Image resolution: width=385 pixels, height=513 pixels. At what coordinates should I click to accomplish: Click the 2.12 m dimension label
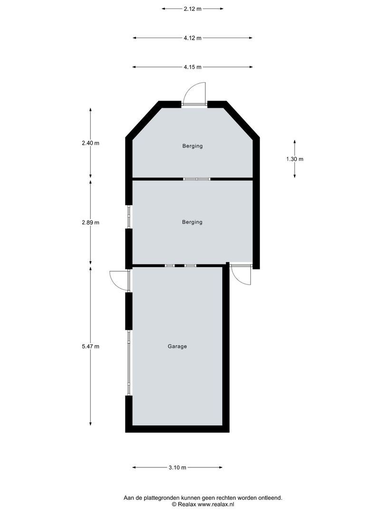pyautogui.click(x=192, y=9)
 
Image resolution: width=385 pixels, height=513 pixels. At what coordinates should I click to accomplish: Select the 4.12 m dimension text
pyautogui.click(x=192, y=38)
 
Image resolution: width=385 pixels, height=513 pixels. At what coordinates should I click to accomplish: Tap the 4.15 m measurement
pyautogui.click(x=192, y=67)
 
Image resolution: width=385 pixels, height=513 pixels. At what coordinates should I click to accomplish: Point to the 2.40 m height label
pyautogui.click(x=90, y=143)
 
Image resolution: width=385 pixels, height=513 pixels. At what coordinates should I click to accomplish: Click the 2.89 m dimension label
pyautogui.click(x=90, y=222)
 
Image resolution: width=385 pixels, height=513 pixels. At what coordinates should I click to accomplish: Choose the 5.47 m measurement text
pyautogui.click(x=90, y=346)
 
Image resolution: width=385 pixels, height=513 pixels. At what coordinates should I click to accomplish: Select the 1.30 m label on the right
pyautogui.click(x=295, y=159)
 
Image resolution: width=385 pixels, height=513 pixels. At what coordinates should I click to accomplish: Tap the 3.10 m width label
pyautogui.click(x=177, y=468)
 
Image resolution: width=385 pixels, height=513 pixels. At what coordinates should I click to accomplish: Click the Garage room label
pyautogui.click(x=177, y=346)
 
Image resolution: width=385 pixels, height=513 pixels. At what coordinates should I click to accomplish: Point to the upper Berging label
pyautogui.click(x=192, y=146)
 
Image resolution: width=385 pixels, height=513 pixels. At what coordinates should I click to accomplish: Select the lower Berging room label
pyautogui.click(x=192, y=222)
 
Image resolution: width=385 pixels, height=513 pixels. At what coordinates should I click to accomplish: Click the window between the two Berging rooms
pyautogui.click(x=197, y=179)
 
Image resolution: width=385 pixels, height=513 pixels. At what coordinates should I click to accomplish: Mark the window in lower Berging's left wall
pyautogui.click(x=128, y=217)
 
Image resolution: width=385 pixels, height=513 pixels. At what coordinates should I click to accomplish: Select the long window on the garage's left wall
pyautogui.click(x=128, y=363)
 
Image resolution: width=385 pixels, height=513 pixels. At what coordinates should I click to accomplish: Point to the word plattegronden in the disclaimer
pyautogui.click(x=161, y=498)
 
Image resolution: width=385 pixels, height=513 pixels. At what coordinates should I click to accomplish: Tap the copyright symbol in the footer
pyautogui.click(x=174, y=504)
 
